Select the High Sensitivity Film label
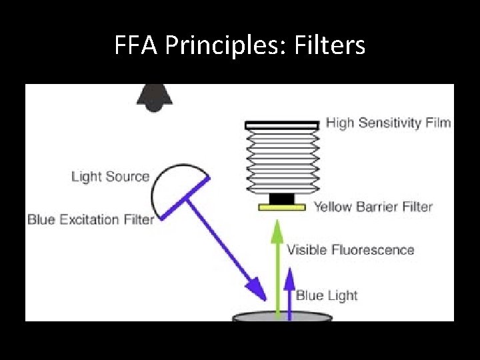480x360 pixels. (x=388, y=123)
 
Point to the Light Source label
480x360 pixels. (x=110, y=177)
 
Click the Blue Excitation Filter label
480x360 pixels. (x=91, y=219)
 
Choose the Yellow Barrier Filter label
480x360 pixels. (x=373, y=207)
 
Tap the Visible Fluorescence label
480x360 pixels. (x=350, y=250)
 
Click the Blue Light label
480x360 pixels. (x=327, y=295)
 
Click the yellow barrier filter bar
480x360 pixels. (x=283, y=208)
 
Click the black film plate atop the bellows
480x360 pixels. (x=282, y=125)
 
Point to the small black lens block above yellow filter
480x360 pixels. (x=283, y=199)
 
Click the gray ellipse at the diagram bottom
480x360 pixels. (x=283, y=317)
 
